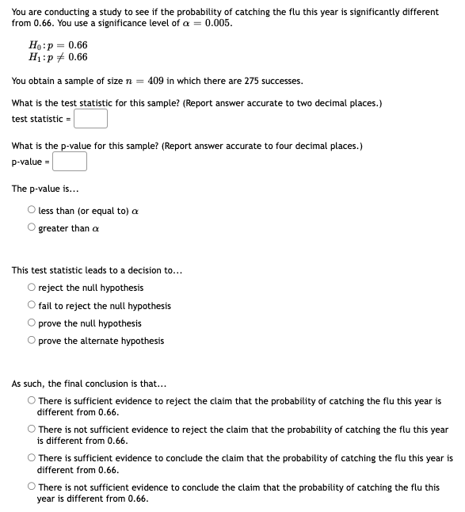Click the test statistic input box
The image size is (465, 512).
pos(91,119)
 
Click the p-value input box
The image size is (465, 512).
pos(70,162)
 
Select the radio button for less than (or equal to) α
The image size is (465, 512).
pos(31,211)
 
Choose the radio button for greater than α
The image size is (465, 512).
pos(31,228)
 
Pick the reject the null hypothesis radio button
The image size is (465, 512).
pos(31,288)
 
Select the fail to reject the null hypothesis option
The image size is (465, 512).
pos(31,306)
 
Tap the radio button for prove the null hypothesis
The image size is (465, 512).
pos(31,323)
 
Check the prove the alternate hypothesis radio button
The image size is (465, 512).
pos(31,341)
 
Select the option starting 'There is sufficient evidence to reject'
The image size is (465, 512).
pos(31,401)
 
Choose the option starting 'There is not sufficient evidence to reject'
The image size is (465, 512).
pos(31,430)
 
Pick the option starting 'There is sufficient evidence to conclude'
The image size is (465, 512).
pos(31,458)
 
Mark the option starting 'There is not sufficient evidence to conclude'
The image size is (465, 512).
pos(31,487)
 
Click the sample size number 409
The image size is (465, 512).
pos(155,81)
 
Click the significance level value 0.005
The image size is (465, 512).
pos(219,23)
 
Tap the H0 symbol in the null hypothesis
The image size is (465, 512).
pos(33,45)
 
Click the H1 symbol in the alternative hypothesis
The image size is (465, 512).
pos(33,57)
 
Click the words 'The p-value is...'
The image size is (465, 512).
pos(45,189)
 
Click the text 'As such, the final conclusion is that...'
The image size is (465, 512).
pos(90,384)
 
